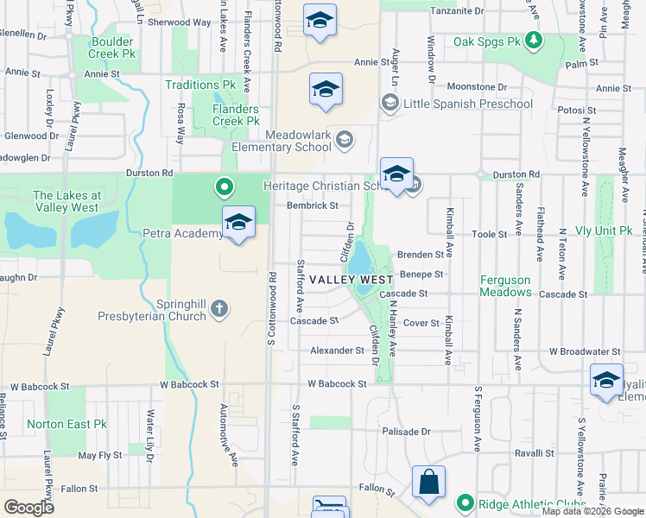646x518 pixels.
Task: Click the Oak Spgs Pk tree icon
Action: pyautogui.click(x=535, y=40)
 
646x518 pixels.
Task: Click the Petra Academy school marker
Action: pyautogui.click(x=238, y=223)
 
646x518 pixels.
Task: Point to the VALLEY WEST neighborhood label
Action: pyautogui.click(x=351, y=280)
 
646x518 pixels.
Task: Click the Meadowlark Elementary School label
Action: pyautogui.click(x=282, y=141)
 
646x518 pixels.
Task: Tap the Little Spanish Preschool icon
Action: pyautogui.click(x=389, y=104)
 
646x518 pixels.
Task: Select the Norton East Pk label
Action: pyautogui.click(x=66, y=424)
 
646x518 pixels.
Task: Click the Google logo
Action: pyautogui.click(x=29, y=507)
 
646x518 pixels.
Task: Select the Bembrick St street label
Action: pyautogui.click(x=313, y=205)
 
